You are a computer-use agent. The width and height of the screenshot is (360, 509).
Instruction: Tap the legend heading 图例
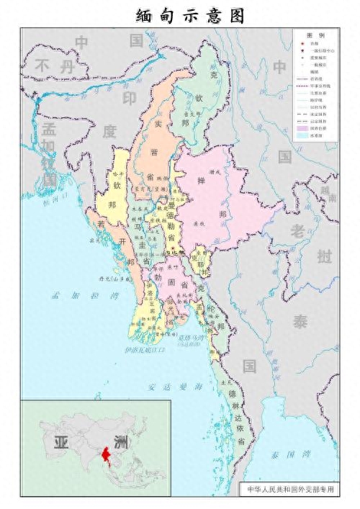315,35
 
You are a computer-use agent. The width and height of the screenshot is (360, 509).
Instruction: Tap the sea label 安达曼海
176,387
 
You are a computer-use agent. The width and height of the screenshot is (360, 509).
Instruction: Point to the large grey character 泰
300,322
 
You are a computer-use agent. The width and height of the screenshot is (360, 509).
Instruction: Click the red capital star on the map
172,249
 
